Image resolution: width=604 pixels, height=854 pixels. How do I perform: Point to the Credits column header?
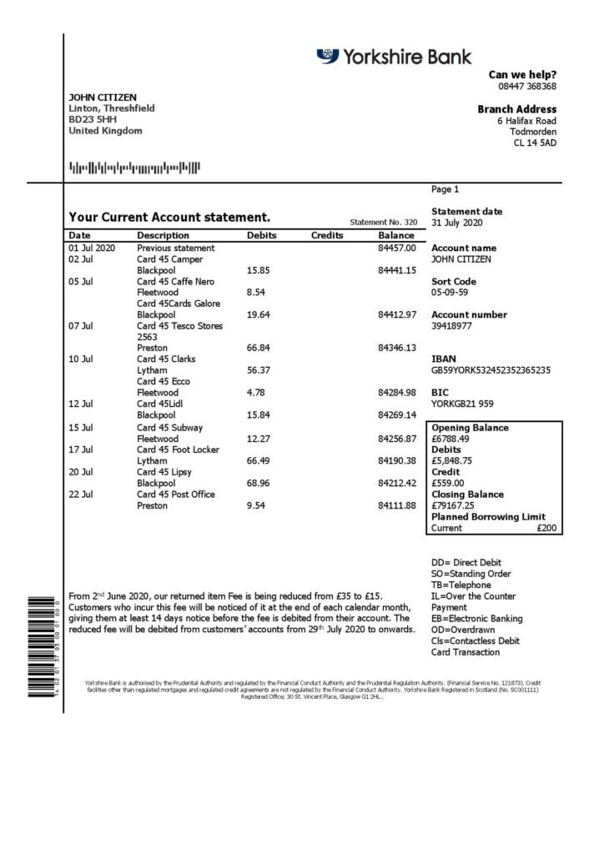[327, 236]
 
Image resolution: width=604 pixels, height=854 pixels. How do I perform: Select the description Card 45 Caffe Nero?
[175, 282]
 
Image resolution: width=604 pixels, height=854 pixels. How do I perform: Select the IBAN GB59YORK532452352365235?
[491, 370]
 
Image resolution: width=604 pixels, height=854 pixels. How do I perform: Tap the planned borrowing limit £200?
[546, 528]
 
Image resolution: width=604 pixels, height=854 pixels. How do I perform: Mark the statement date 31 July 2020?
[456, 224]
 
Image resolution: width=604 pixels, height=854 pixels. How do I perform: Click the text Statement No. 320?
[383, 223]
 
